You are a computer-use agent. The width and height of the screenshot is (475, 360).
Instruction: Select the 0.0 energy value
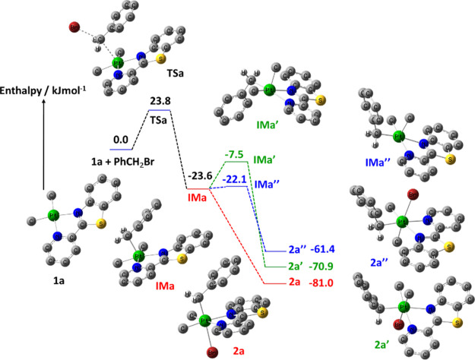click(x=121, y=140)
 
